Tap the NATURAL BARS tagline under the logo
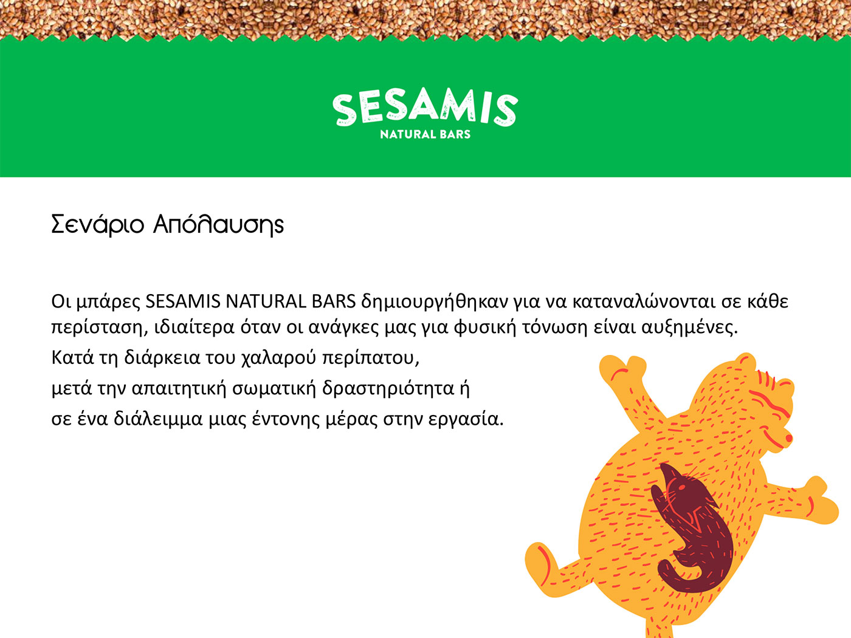tap(425, 134)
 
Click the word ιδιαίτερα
tap(195, 328)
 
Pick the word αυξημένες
tap(690, 328)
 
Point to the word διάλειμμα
tap(158, 419)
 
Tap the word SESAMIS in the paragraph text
tap(182, 302)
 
